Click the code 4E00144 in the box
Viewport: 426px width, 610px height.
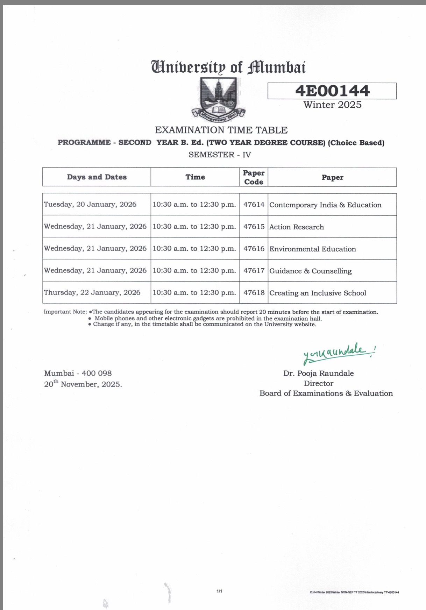coord(332,91)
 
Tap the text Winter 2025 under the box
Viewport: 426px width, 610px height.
coord(332,105)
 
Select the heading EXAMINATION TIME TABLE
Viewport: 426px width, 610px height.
coord(221,130)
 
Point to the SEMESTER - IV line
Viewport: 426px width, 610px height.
coord(220,155)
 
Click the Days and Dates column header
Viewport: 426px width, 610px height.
coord(97,177)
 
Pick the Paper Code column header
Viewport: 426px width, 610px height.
coord(254,177)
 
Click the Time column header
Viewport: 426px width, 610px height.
coord(195,177)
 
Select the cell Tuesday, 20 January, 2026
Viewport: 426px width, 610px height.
coord(90,204)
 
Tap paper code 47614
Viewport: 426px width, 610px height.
coord(254,205)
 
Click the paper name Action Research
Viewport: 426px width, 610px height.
coord(297,227)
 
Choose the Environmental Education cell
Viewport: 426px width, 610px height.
coord(313,249)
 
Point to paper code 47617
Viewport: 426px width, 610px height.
coord(254,271)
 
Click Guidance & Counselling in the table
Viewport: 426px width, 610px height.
coord(311,271)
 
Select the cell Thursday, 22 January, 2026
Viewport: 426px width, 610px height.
coord(92,293)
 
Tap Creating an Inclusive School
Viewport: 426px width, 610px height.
coord(318,293)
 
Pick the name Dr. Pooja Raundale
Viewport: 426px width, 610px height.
coord(318,373)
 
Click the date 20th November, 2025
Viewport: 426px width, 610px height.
coord(83,384)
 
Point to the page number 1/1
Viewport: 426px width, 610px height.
coord(219,591)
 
